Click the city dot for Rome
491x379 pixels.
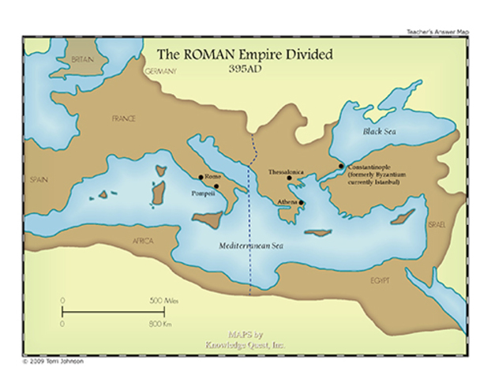[201, 177]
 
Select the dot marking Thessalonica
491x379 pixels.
[290, 178]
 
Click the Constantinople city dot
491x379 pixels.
[341, 166]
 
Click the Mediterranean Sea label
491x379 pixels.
[251, 246]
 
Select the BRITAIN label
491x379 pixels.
[82, 60]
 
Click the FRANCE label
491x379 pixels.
[124, 118]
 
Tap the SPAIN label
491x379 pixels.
[39, 180]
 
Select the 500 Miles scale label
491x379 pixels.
[162, 300]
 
